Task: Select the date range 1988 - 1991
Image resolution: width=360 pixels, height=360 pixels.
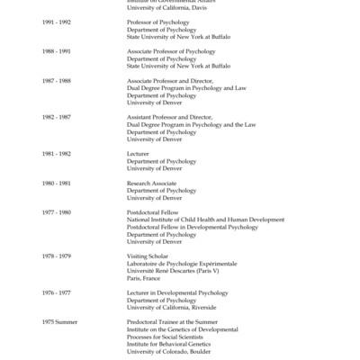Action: (56, 51)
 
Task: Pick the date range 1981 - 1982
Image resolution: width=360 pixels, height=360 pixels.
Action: (56, 154)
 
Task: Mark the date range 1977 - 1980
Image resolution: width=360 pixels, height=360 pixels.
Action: (56, 211)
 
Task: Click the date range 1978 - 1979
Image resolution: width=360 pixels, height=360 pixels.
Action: (56, 256)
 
